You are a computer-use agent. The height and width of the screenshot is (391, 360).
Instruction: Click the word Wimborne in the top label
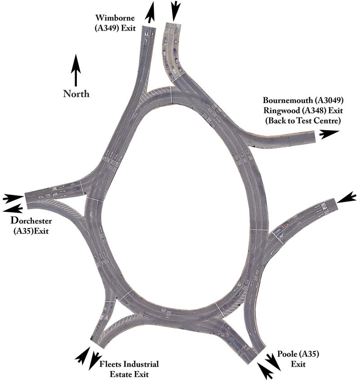(x=111, y=18)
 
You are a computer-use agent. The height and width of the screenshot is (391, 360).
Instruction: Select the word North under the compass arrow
(x=76, y=94)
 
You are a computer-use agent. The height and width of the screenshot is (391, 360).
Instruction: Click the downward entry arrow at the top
(x=175, y=9)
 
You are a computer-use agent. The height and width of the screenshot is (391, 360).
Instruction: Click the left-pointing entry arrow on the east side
(x=347, y=197)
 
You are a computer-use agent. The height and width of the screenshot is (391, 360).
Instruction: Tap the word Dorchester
(x=31, y=221)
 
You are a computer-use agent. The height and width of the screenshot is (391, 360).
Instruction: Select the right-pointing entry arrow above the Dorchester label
(x=13, y=198)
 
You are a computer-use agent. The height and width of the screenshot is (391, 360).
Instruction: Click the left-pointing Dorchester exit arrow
(x=13, y=208)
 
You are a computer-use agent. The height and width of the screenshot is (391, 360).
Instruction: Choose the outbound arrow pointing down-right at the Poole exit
(x=273, y=362)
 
